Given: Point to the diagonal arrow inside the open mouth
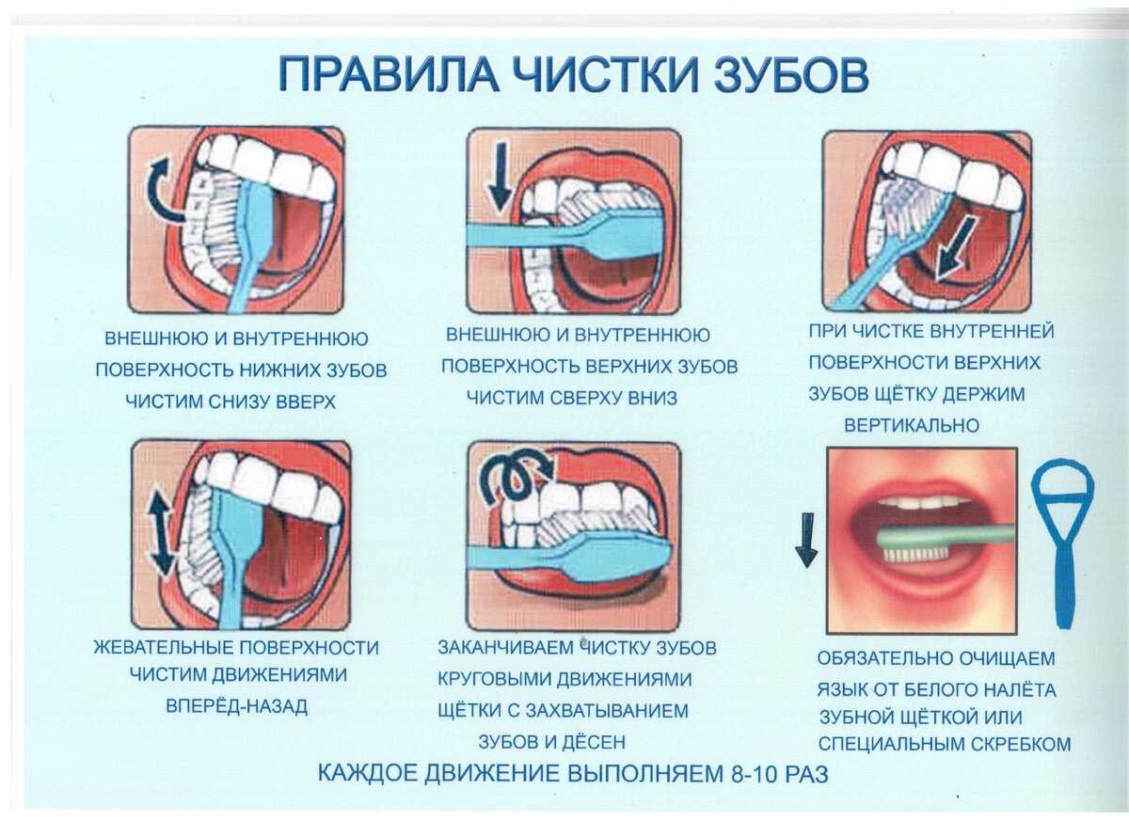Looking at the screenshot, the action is click(x=954, y=250).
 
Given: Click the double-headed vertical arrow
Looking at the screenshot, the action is click(x=161, y=533).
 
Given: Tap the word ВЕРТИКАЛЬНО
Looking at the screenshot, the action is click(x=912, y=426).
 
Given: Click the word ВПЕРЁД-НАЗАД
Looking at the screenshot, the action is click(x=236, y=707).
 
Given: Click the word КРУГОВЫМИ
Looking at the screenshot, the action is click(x=493, y=680).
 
